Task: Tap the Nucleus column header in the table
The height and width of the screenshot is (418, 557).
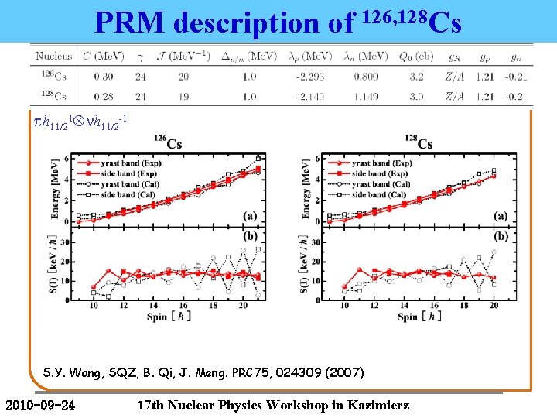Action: (54, 56)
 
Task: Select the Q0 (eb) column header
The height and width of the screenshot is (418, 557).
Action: (417, 56)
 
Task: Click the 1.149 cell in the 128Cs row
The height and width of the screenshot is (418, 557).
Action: (367, 97)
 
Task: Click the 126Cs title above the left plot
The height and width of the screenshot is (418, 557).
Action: (168, 143)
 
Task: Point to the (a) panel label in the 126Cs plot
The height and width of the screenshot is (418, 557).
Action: (251, 216)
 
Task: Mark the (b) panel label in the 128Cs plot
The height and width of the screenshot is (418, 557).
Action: (501, 236)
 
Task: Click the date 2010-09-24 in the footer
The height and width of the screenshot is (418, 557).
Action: (40, 403)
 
